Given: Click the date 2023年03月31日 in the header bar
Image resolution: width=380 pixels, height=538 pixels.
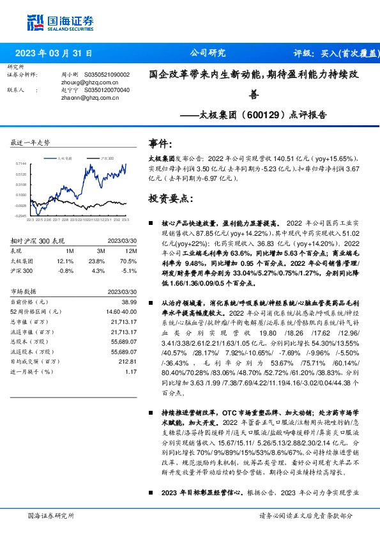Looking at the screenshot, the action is tap(54, 53).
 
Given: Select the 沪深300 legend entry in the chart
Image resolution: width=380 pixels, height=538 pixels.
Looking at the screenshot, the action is tap(107, 157).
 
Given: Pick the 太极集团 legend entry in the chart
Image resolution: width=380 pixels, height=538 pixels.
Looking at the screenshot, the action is tap(63, 157).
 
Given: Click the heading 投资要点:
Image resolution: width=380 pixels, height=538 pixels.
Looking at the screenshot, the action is tap(170, 199).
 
